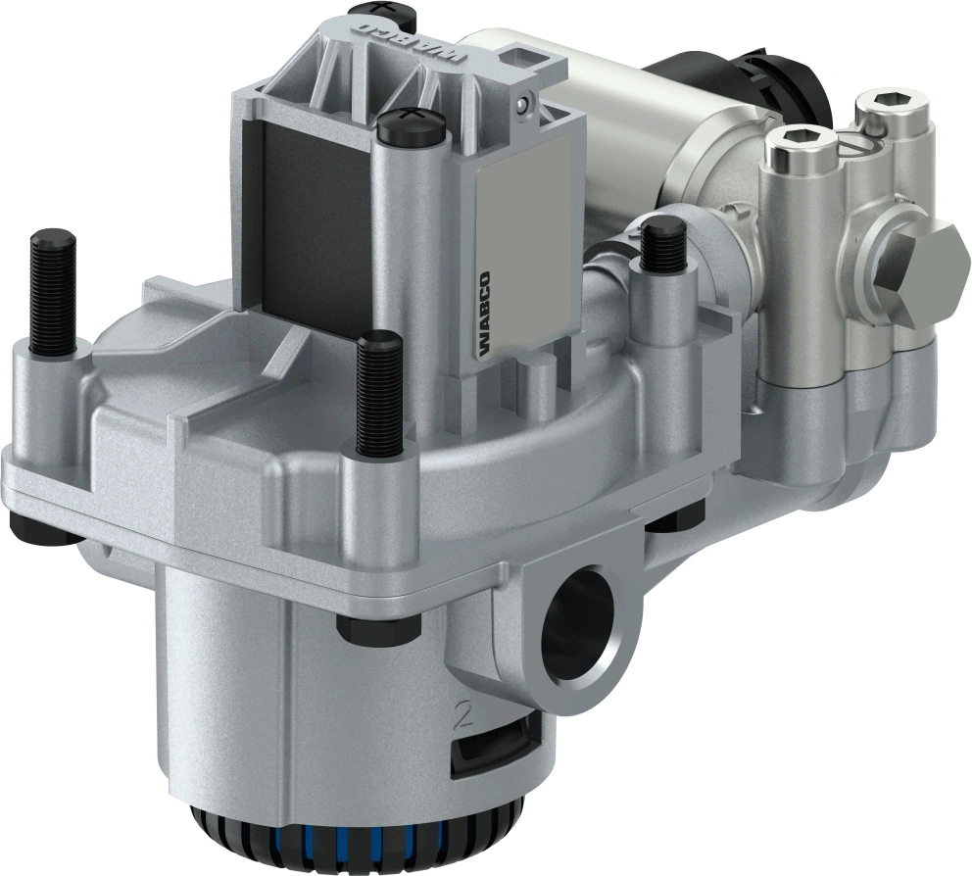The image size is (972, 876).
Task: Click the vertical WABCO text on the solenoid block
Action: (485, 312)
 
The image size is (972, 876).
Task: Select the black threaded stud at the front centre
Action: (379, 394)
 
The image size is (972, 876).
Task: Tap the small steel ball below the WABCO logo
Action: (527, 100)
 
